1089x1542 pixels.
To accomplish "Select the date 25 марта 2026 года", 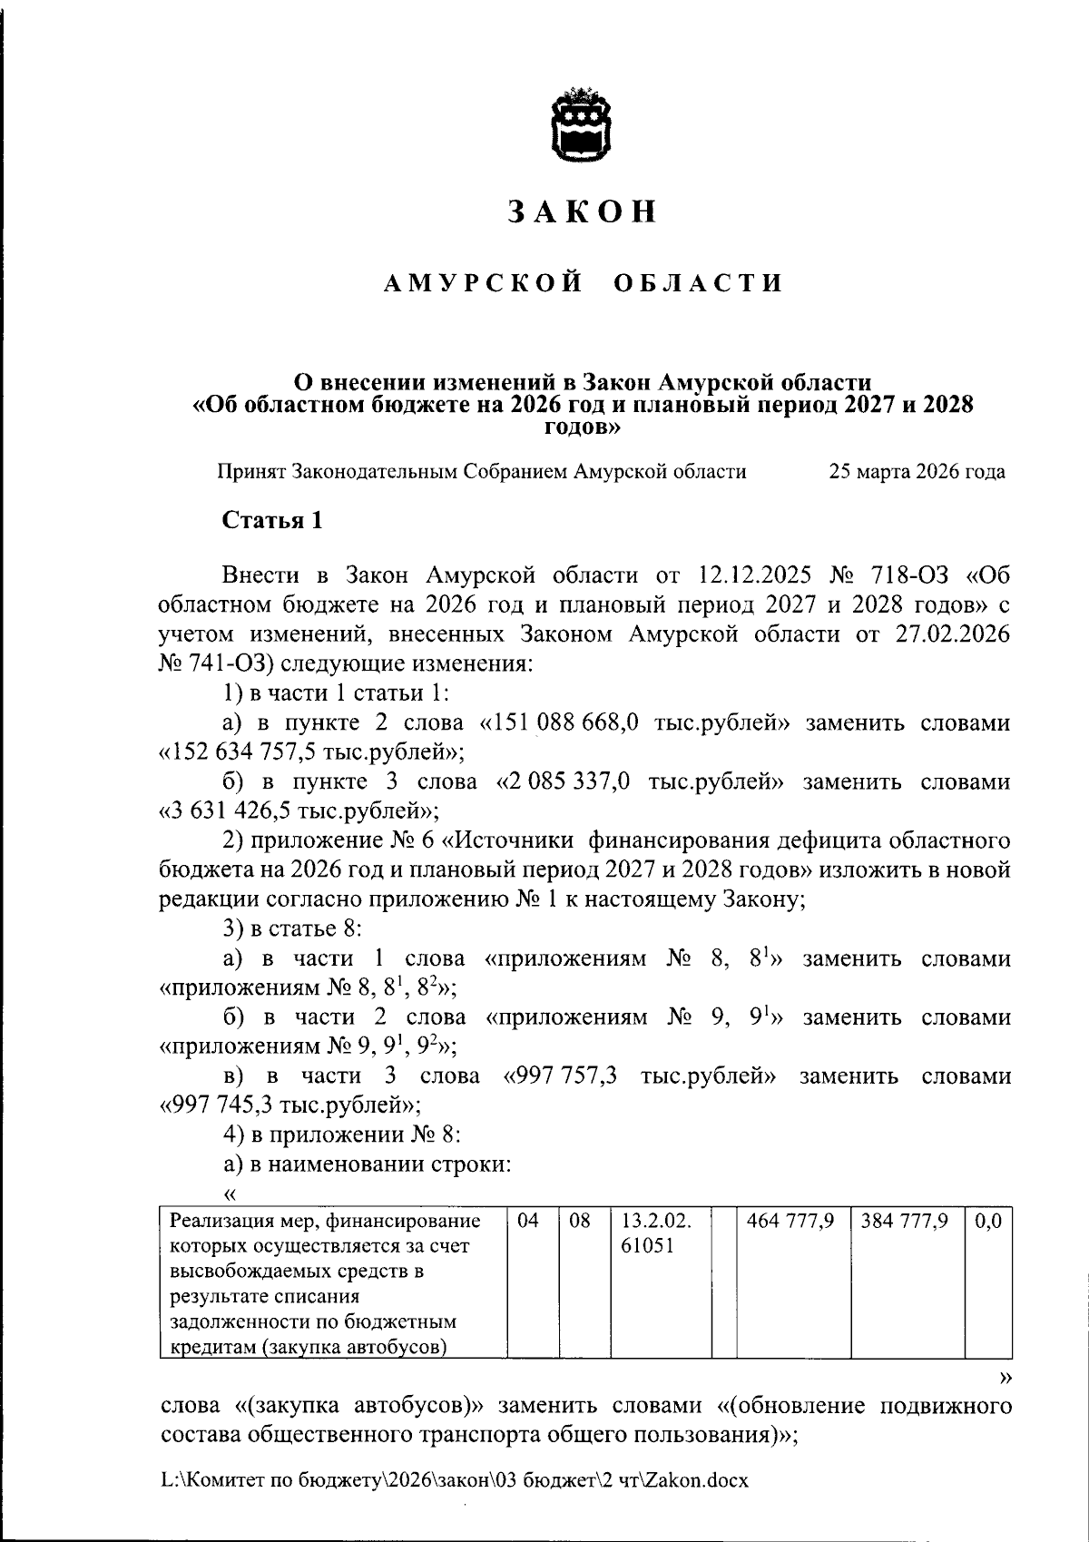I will pyautogui.click(x=917, y=472).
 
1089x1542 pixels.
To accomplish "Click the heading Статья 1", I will pyautogui.click(x=272, y=521).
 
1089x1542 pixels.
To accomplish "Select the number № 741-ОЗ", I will pyautogui.click(x=212, y=663).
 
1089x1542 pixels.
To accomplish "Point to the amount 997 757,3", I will pyautogui.click(x=569, y=1076).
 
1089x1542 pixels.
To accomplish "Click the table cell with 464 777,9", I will pyautogui.click(x=790, y=1222).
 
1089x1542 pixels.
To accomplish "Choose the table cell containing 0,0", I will pyautogui.click(x=987, y=1222).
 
